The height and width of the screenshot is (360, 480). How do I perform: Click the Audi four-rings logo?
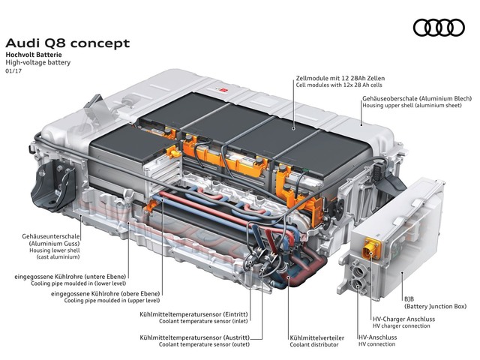(x=439, y=28)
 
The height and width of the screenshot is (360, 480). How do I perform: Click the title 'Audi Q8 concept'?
(x=67, y=43)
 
